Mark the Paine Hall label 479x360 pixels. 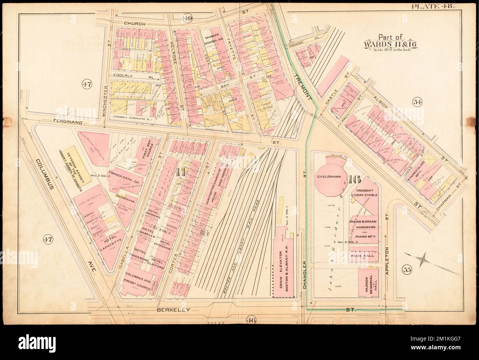364,255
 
